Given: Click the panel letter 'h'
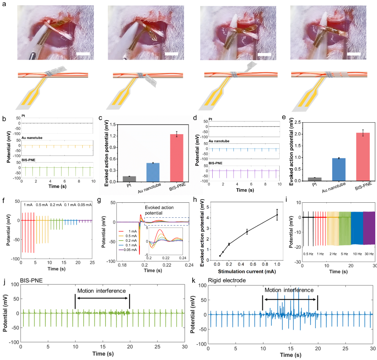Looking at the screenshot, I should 198,201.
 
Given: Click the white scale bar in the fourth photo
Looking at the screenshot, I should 354,54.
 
